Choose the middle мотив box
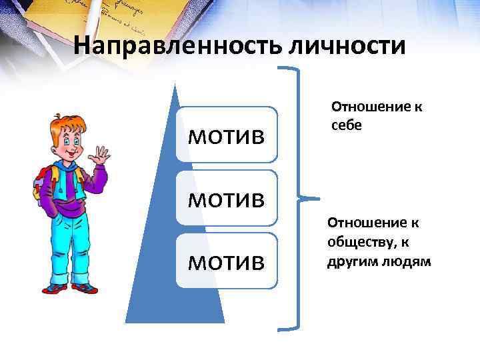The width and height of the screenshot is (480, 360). pos(226,198)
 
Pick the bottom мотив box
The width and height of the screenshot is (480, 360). pos(226,261)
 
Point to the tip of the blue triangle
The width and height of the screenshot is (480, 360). pos(175,87)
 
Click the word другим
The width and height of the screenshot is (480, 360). pos(349,261)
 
